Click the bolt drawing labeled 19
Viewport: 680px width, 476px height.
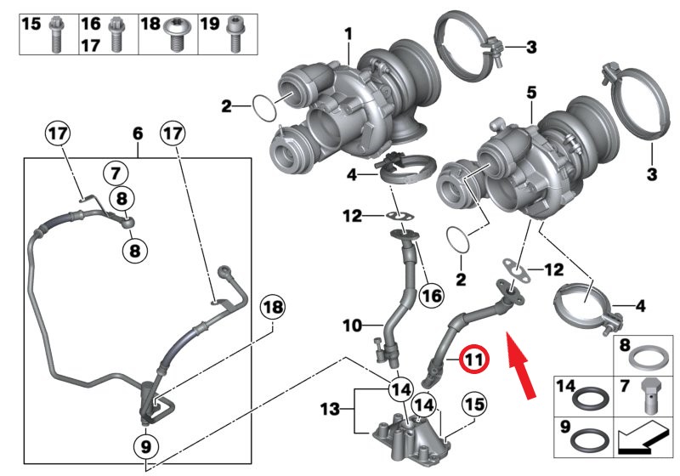point(234,31)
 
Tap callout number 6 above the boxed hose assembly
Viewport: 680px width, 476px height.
point(137,133)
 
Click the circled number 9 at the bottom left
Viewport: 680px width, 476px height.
point(145,444)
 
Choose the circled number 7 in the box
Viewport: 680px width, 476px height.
point(115,173)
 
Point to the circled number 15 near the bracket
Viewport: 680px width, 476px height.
point(473,402)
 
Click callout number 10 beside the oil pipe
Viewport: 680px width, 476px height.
point(352,325)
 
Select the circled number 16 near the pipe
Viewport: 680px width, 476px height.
point(430,295)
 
